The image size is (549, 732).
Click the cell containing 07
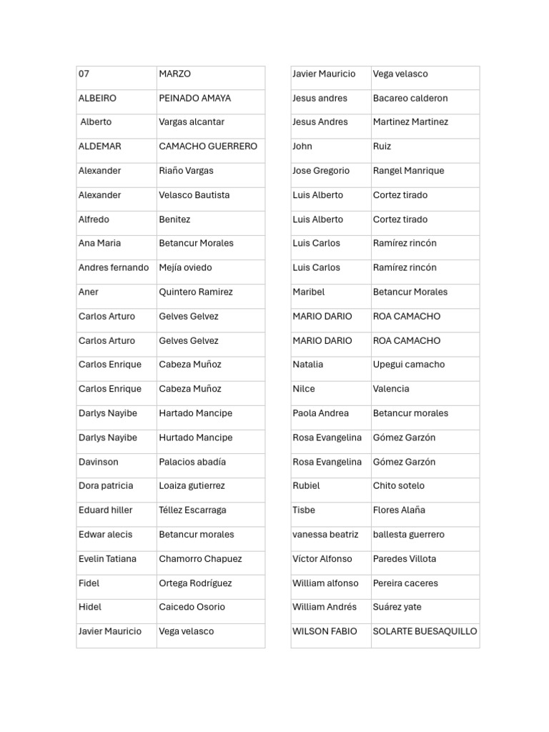[x=84, y=74]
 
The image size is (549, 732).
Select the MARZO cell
[x=175, y=74]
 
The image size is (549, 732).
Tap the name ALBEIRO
[x=97, y=99]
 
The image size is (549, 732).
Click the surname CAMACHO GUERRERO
[x=208, y=147]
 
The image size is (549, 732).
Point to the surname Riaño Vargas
[x=186, y=171]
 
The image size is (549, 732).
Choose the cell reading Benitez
[x=174, y=219]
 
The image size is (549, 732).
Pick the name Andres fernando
[x=114, y=268]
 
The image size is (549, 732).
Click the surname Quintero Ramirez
[x=196, y=292]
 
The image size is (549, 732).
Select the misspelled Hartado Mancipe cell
[x=195, y=413]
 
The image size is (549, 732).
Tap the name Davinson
[x=99, y=462]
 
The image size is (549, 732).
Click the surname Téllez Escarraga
[x=192, y=510]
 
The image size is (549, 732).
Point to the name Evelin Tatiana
[x=107, y=559]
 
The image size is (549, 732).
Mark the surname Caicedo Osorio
[x=192, y=607]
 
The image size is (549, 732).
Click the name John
[x=302, y=147]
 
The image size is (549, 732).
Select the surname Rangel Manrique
[x=408, y=171]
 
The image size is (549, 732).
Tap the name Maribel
[x=309, y=292]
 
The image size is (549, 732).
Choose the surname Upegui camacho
[x=409, y=365]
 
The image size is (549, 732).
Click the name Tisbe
[x=304, y=510]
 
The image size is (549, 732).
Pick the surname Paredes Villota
[x=405, y=559]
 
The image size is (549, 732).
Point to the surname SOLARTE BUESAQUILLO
[x=425, y=631]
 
